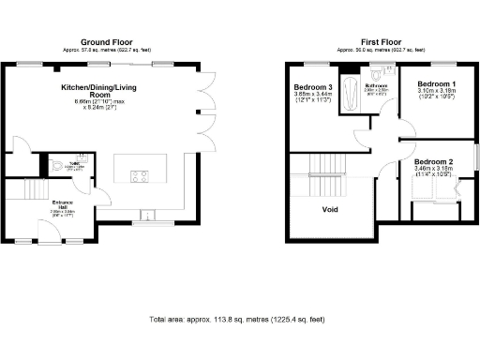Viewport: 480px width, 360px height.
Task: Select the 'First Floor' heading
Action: point(382,42)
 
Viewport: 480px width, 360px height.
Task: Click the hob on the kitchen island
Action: point(140,175)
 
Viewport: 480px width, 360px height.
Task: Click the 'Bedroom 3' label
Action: point(312,87)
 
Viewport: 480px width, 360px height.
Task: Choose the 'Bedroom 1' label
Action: point(437,84)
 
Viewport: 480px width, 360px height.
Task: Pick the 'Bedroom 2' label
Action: point(433,162)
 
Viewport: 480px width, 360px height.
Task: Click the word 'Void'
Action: point(330,209)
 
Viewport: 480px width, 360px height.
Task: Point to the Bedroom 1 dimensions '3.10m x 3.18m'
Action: point(437,92)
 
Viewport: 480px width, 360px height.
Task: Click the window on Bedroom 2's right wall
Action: point(472,156)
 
